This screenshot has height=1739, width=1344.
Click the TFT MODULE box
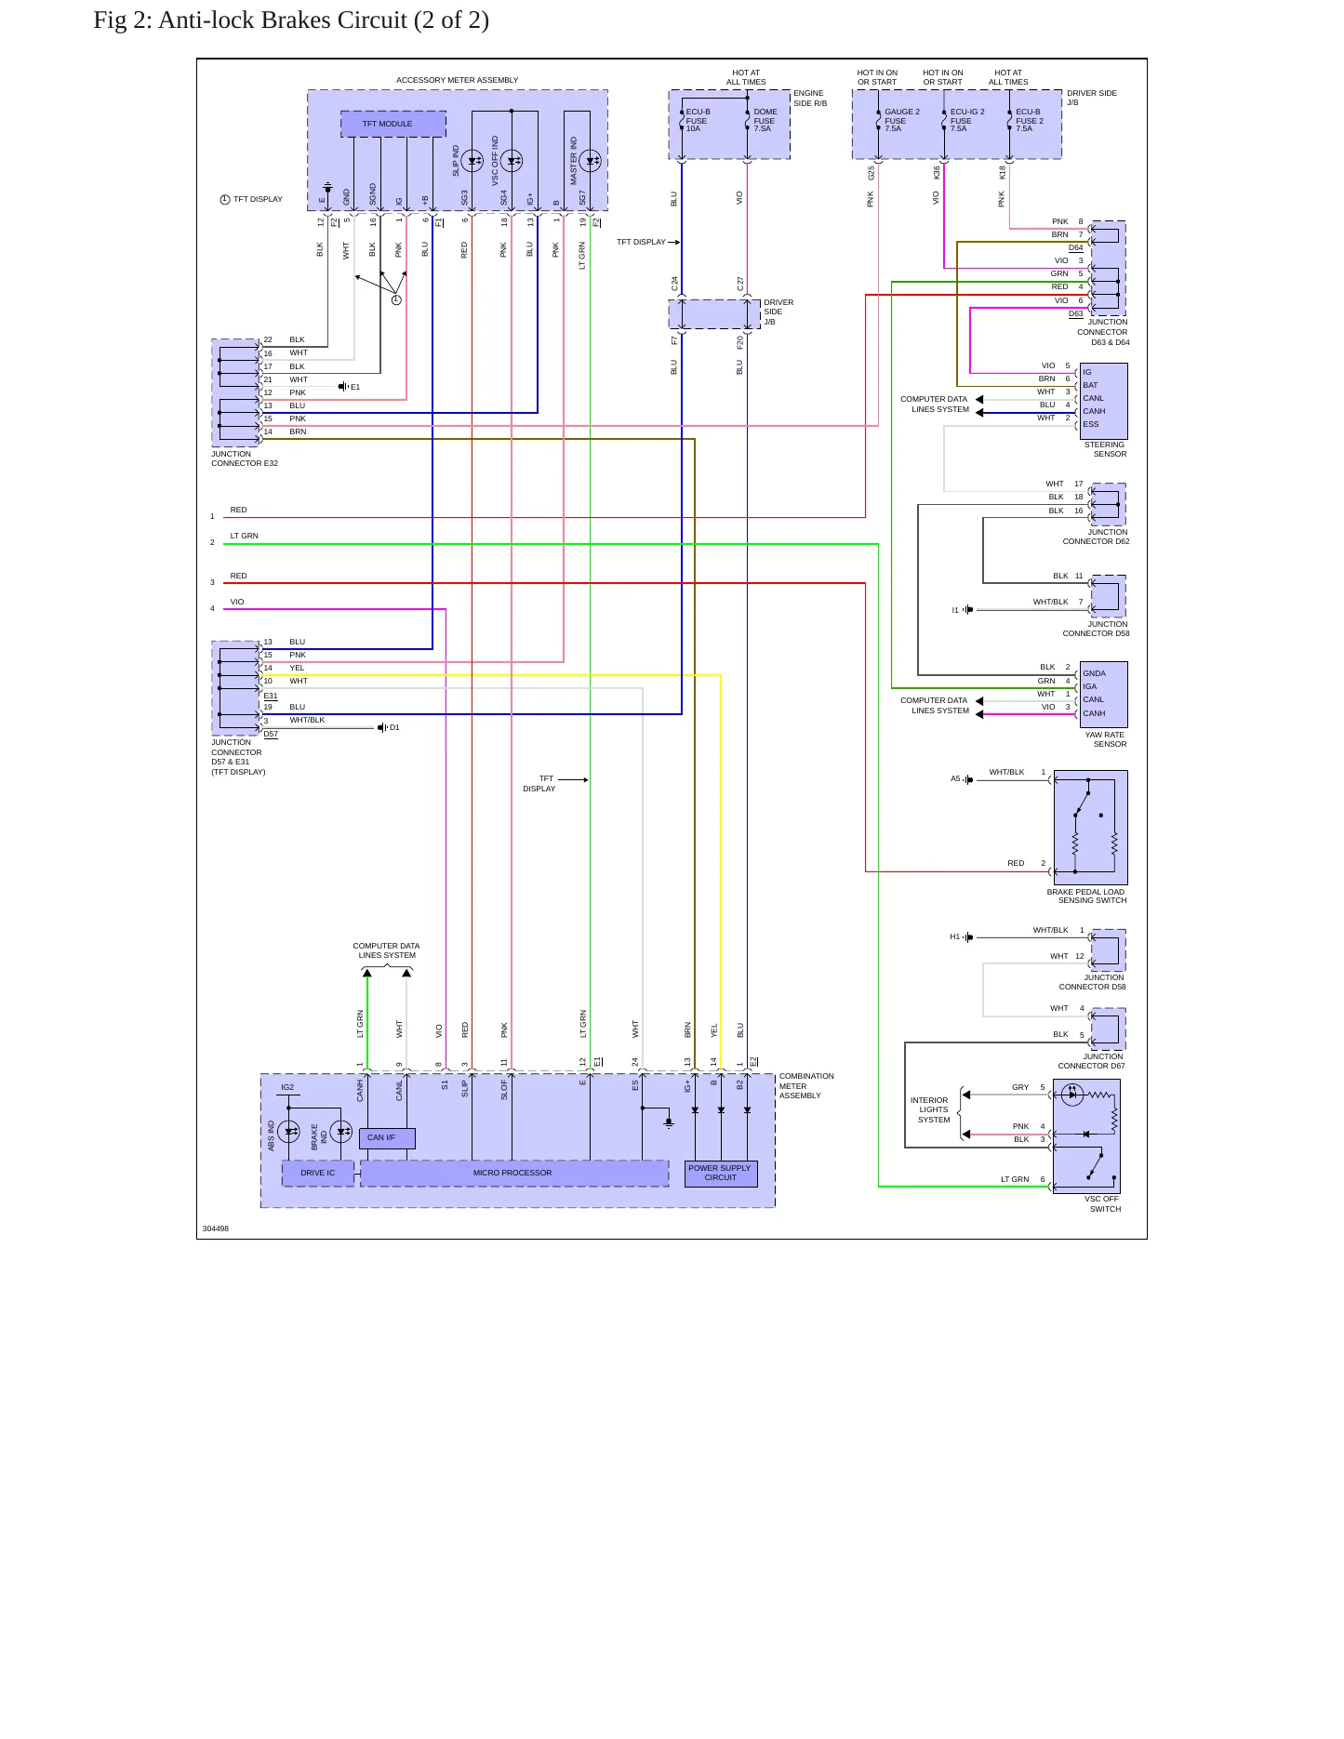tap(393, 124)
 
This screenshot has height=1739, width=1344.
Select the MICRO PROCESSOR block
tap(513, 1173)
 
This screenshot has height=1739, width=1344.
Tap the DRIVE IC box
tap(318, 1173)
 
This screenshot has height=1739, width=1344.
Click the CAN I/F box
tap(387, 1138)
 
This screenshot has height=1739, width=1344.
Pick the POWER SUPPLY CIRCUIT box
tap(721, 1174)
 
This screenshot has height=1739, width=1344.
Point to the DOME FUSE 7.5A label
tap(765, 120)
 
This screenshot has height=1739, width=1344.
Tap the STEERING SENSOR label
tap(1105, 449)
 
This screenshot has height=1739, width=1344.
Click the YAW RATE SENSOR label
tap(1106, 739)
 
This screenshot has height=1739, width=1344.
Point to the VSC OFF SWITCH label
tap(1103, 1204)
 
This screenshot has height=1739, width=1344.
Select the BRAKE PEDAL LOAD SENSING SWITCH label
tap(1086, 896)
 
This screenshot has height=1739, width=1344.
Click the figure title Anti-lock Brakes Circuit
tap(291, 20)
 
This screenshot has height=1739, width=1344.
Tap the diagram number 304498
tap(216, 1228)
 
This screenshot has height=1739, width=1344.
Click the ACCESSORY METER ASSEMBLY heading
tap(458, 80)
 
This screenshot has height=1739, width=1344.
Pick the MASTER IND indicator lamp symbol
tap(591, 161)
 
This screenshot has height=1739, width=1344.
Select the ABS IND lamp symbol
tap(289, 1132)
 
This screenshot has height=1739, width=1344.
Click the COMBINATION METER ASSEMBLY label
tap(806, 1086)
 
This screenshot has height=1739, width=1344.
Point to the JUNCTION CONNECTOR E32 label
tap(245, 458)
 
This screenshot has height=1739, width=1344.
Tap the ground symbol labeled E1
tap(343, 386)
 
